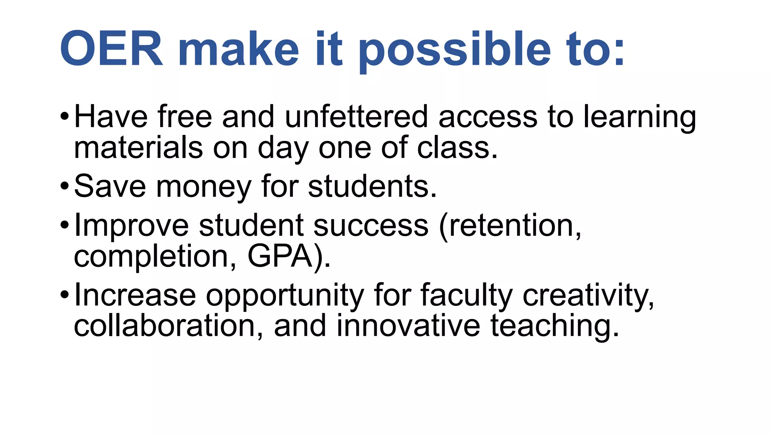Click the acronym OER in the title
(x=112, y=49)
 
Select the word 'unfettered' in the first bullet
(x=356, y=117)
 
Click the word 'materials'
(x=138, y=148)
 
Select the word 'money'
(x=204, y=187)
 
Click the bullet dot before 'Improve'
(x=64, y=225)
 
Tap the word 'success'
(x=371, y=225)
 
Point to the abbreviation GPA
(x=280, y=256)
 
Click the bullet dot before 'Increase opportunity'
(x=64, y=294)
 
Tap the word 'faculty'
(x=467, y=295)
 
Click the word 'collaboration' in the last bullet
(x=165, y=325)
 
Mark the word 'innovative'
(x=408, y=325)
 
